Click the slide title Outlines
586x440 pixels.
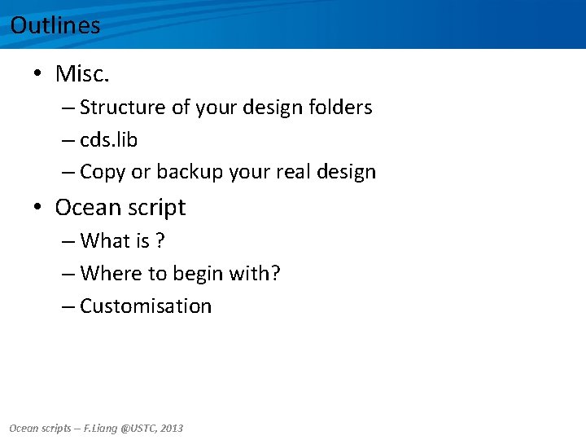55,25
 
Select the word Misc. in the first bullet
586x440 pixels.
82,74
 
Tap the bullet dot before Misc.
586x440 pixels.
38,75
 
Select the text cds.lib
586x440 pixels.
109,140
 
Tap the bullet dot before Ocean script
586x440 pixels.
38,208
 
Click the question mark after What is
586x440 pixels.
161,241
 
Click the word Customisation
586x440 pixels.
146,306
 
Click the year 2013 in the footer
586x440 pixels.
172,428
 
